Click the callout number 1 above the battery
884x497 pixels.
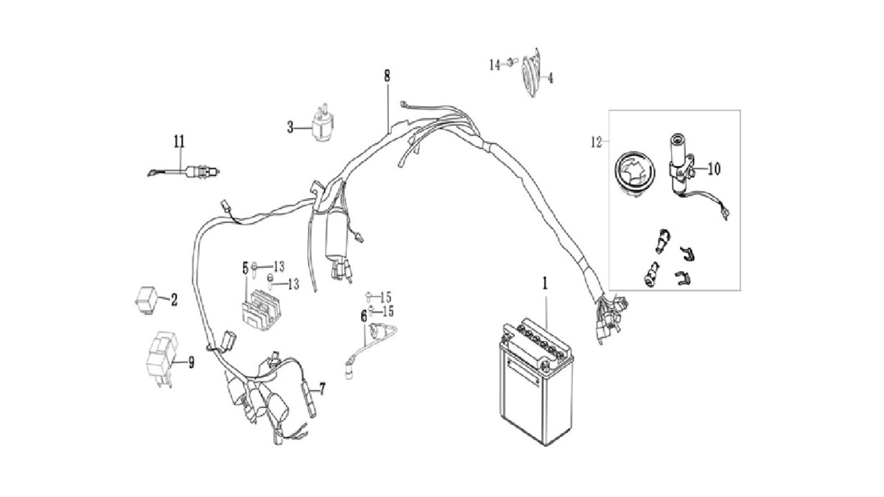coord(545,283)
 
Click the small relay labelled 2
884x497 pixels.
coord(145,297)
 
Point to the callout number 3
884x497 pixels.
coord(290,127)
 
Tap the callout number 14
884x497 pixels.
coord(494,65)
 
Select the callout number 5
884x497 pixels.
coord(245,267)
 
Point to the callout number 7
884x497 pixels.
coord(321,387)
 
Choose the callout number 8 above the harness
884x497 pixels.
coord(387,75)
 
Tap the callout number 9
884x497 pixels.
coord(191,362)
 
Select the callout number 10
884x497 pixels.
coord(714,168)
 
